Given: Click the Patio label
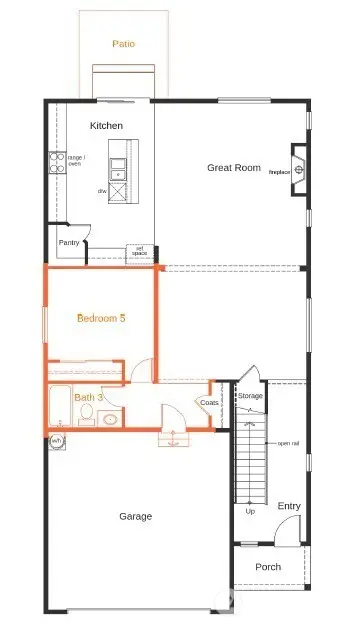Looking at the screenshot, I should click(124, 44).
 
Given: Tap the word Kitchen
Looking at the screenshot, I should click(106, 126).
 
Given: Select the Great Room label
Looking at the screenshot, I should click(234, 168).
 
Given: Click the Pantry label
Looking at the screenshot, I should click(69, 242).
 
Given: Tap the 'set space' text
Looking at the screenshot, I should click(140, 251).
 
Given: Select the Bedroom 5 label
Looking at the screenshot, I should click(102, 318).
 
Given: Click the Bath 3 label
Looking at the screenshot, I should click(87, 397).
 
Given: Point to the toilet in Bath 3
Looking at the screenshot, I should click(87, 415).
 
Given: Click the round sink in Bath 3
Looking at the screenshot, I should click(111, 419).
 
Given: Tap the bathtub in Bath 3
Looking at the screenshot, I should click(60, 410).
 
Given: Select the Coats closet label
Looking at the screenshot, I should click(209, 403).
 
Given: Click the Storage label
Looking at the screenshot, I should click(250, 396).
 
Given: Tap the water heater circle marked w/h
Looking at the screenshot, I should click(56, 441).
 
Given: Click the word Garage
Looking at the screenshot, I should click(136, 516).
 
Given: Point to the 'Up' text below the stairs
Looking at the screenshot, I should click(250, 512).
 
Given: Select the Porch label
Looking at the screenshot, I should click(268, 567).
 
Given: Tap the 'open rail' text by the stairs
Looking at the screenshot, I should click(288, 443).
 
